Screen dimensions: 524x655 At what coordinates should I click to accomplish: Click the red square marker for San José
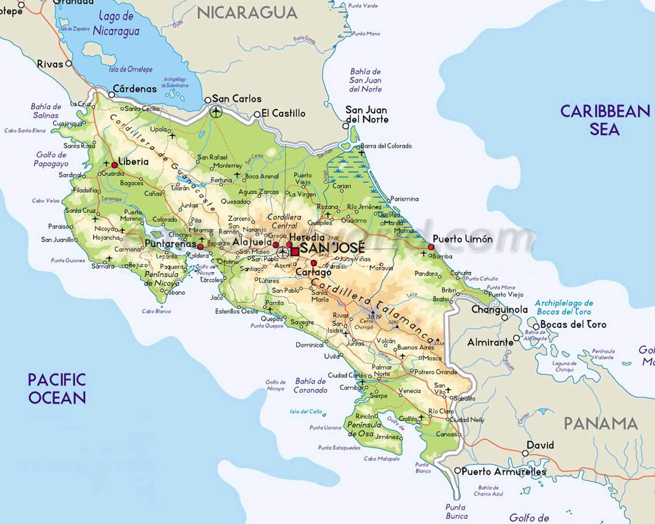click(x=295, y=252)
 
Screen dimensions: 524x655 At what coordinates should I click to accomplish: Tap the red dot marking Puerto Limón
click(x=431, y=247)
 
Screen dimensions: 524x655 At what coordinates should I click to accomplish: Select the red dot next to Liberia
click(x=114, y=165)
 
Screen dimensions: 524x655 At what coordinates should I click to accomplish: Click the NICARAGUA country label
click(x=247, y=13)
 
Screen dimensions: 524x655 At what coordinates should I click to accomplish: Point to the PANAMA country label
click(x=600, y=423)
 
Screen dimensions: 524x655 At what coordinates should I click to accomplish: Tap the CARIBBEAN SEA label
click(x=605, y=120)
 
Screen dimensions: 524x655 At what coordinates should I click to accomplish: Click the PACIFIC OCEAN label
click(x=57, y=388)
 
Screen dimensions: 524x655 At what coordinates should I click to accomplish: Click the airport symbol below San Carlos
click(x=216, y=112)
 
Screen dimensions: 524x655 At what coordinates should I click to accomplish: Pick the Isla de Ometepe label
click(x=131, y=69)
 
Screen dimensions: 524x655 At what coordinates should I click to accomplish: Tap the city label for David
click(x=540, y=445)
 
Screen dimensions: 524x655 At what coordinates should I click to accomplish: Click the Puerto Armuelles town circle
click(x=457, y=471)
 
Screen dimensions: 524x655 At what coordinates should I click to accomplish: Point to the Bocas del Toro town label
click(x=573, y=324)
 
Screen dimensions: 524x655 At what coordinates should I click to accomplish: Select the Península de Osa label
click(x=364, y=429)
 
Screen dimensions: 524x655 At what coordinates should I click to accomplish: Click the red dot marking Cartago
click(x=314, y=263)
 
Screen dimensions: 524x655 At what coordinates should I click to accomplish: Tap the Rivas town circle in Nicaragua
click(x=69, y=64)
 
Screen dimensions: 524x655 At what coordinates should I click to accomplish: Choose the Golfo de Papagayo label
click(x=51, y=159)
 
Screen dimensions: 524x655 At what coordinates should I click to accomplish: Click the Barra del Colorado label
click(x=386, y=146)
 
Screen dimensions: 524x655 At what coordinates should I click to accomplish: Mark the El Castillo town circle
click(x=257, y=114)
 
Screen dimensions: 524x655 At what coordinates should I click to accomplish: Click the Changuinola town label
click(x=499, y=310)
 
